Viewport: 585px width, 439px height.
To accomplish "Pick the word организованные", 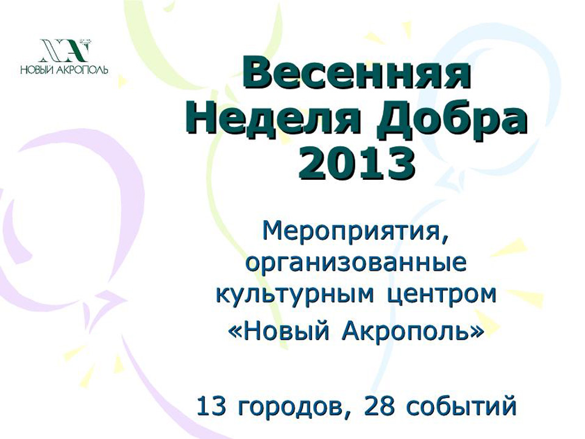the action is point(356,263).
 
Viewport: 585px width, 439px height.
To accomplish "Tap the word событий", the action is point(461,406).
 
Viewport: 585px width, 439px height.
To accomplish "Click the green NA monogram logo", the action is point(64,51).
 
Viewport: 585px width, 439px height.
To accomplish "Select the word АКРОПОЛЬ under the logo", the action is point(81,70).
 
